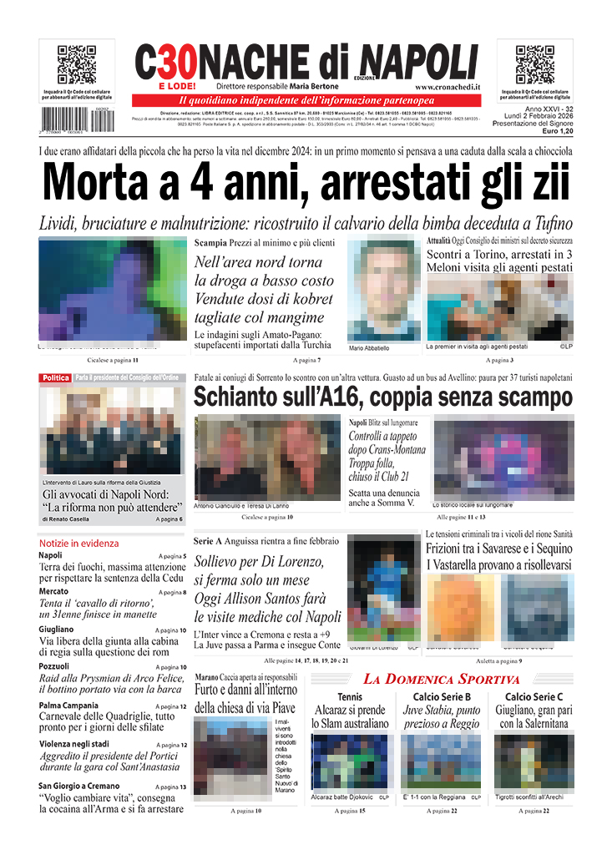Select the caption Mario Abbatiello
(x=369, y=347)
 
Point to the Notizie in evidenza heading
(x=78, y=543)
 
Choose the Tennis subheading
(x=350, y=697)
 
